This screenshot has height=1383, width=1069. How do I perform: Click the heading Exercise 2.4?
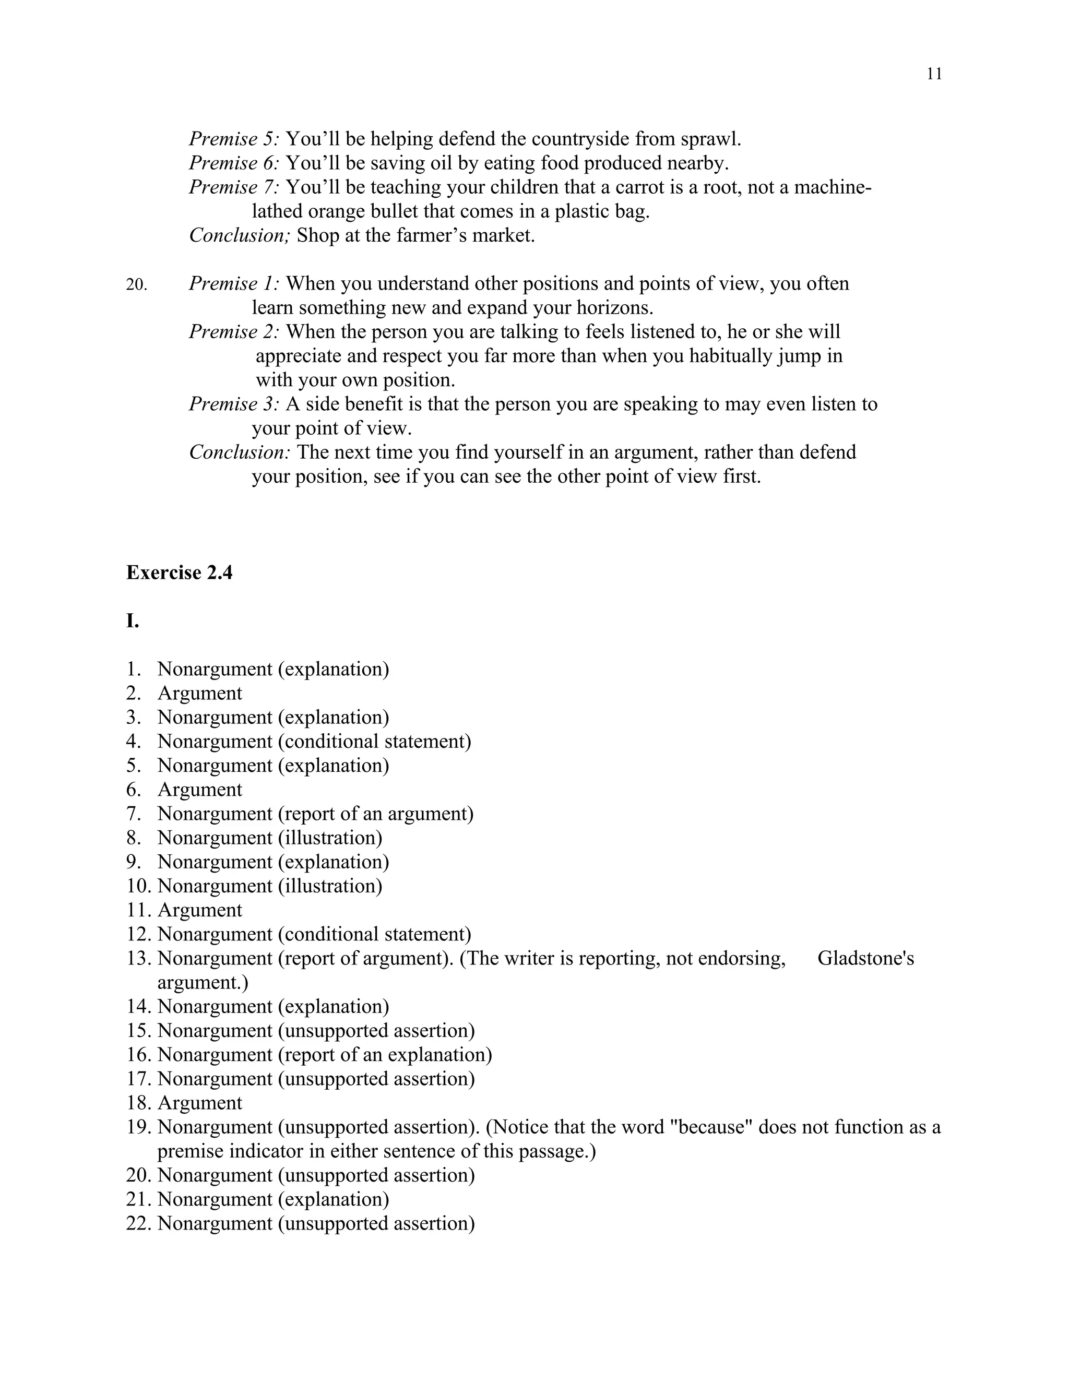point(179,573)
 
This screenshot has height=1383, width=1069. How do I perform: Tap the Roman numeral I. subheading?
point(133,621)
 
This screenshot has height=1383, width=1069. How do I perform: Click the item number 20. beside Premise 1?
point(136,284)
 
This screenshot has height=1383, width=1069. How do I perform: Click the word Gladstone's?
point(865,959)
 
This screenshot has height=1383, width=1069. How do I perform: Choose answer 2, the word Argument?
point(199,694)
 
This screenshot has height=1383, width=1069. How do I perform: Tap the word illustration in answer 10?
point(329,886)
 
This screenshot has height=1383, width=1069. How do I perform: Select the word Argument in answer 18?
point(199,1103)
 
